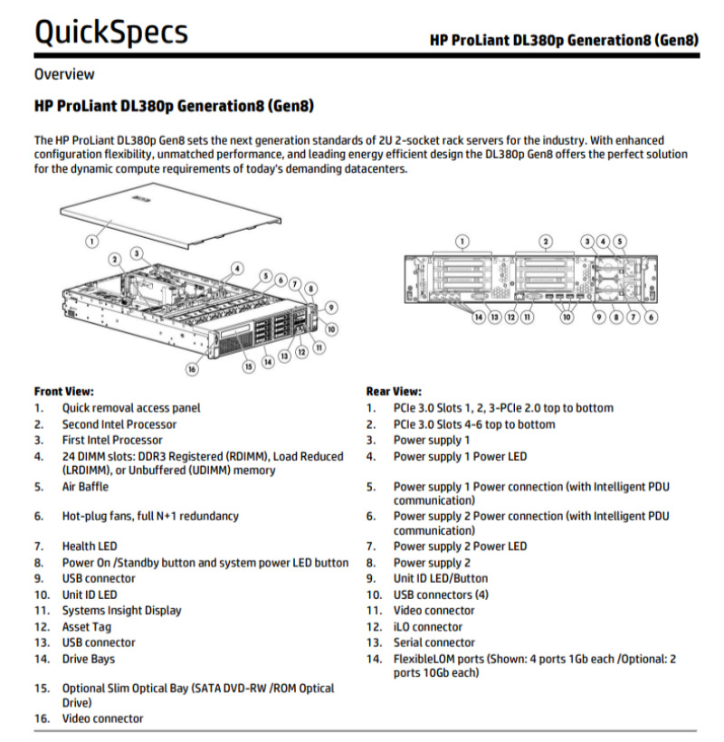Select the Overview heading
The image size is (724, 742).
[x=64, y=74]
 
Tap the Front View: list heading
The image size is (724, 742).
[x=63, y=391]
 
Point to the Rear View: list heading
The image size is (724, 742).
[x=394, y=391]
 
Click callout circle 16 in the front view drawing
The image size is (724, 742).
[x=192, y=368]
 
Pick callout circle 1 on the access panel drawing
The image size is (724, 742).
[x=91, y=240]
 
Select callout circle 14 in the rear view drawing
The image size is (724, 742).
[x=476, y=317]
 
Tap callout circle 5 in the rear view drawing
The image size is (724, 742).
[x=619, y=242]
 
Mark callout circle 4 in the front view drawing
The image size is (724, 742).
[x=236, y=268]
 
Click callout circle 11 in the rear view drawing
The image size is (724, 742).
[x=528, y=317]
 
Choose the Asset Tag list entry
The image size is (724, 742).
[x=86, y=626]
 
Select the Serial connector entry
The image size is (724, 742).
[x=433, y=642]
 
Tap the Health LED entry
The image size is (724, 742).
[x=89, y=547]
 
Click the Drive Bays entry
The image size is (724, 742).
[x=88, y=659]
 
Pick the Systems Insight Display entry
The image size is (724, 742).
[x=121, y=610]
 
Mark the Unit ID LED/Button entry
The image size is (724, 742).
[x=440, y=578]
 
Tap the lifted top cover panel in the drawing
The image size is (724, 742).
[x=163, y=217]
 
